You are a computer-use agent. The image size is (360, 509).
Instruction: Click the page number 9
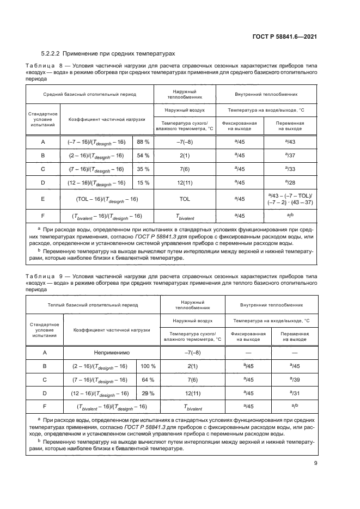(315, 463)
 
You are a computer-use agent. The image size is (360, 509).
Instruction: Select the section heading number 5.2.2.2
(52, 53)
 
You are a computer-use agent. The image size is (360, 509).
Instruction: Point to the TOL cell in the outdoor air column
(184, 199)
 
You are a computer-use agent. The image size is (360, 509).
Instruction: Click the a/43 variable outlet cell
(290, 142)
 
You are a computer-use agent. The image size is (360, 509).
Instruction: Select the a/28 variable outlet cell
(290, 182)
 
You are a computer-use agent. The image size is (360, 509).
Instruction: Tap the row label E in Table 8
(42, 199)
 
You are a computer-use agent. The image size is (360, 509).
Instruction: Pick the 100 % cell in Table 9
(148, 366)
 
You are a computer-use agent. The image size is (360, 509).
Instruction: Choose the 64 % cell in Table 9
(148, 379)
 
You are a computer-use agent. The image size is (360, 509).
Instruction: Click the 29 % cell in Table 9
(148, 393)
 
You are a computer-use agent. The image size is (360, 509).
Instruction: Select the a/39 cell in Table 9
(295, 379)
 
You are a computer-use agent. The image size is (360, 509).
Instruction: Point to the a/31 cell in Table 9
(295, 393)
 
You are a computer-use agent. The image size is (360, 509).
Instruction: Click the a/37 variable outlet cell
(290, 155)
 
